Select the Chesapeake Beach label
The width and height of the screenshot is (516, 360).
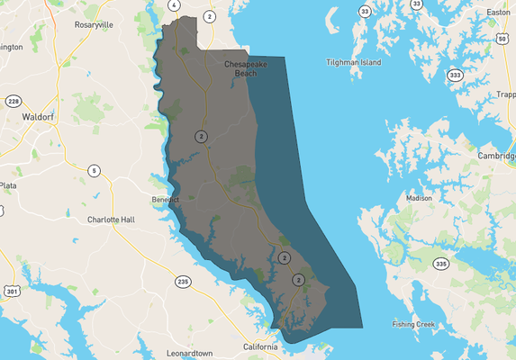point(240,69)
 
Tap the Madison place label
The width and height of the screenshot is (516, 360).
point(419,197)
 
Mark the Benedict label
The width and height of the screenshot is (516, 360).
point(165,199)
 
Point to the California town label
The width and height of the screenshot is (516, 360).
point(261,346)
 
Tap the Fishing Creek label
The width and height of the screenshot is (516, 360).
point(413,324)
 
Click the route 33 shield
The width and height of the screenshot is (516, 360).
point(364,11)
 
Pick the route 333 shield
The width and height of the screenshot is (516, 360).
point(457,75)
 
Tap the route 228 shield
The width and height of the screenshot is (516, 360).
point(14,101)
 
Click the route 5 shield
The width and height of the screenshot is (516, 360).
point(94,170)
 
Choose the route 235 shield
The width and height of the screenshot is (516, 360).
point(183,282)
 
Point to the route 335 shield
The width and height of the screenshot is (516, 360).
point(440,264)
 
